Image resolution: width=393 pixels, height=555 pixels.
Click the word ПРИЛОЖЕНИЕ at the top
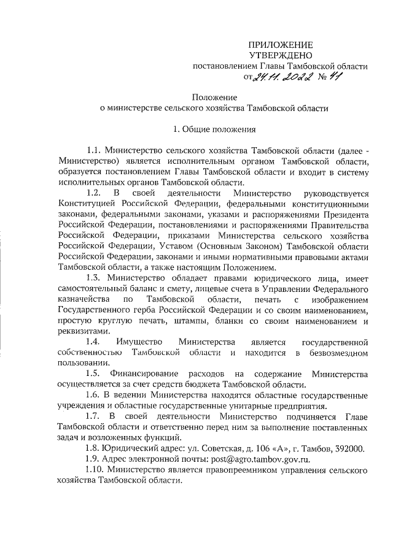(281, 45)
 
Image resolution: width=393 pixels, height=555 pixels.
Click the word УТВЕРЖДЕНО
(281, 55)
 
